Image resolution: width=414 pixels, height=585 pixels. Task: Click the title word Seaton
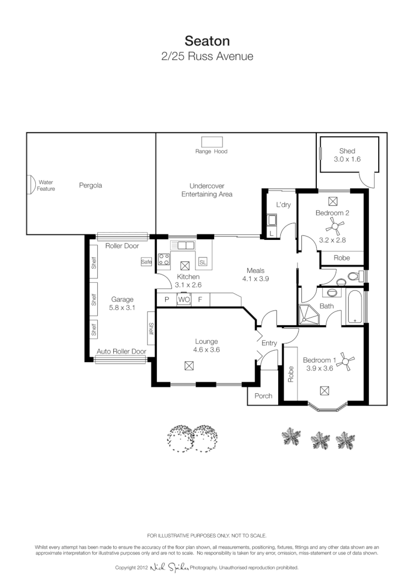(x=207, y=41)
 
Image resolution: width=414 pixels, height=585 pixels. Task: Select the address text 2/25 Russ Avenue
(x=207, y=56)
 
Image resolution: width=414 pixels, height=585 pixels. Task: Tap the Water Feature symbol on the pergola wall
(x=32, y=185)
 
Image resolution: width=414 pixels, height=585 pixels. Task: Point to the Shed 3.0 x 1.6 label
(x=347, y=155)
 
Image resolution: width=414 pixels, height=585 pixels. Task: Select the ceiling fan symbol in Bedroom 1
(x=347, y=361)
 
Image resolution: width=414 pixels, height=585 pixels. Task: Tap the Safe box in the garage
(x=146, y=262)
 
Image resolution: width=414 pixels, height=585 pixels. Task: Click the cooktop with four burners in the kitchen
(x=164, y=259)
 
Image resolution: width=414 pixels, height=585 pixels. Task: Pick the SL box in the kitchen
(x=203, y=262)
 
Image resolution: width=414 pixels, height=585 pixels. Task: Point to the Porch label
(x=263, y=396)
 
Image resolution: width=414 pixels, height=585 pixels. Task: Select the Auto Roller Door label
(x=121, y=351)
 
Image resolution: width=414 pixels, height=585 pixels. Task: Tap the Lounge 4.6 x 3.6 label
(x=206, y=345)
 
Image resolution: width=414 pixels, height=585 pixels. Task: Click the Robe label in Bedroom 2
(x=342, y=257)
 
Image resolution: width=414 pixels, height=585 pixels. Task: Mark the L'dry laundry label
(x=283, y=205)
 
